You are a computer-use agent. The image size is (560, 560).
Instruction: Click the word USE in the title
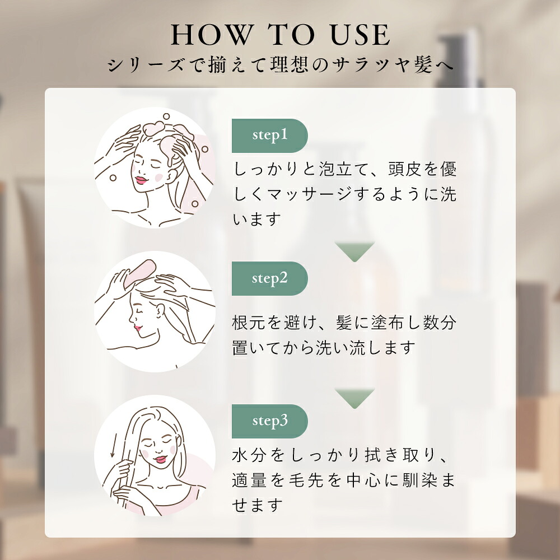[x=360, y=35]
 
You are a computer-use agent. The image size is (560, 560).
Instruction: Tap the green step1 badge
[x=270, y=136]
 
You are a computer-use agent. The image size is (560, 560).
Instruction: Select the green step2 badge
[x=270, y=278]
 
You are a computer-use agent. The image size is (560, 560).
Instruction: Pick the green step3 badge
[x=270, y=422]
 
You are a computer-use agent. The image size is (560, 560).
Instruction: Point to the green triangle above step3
[x=354, y=398]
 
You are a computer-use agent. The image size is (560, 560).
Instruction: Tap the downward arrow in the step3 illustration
[x=113, y=446]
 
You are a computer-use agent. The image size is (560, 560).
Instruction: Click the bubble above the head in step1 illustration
[x=166, y=116]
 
